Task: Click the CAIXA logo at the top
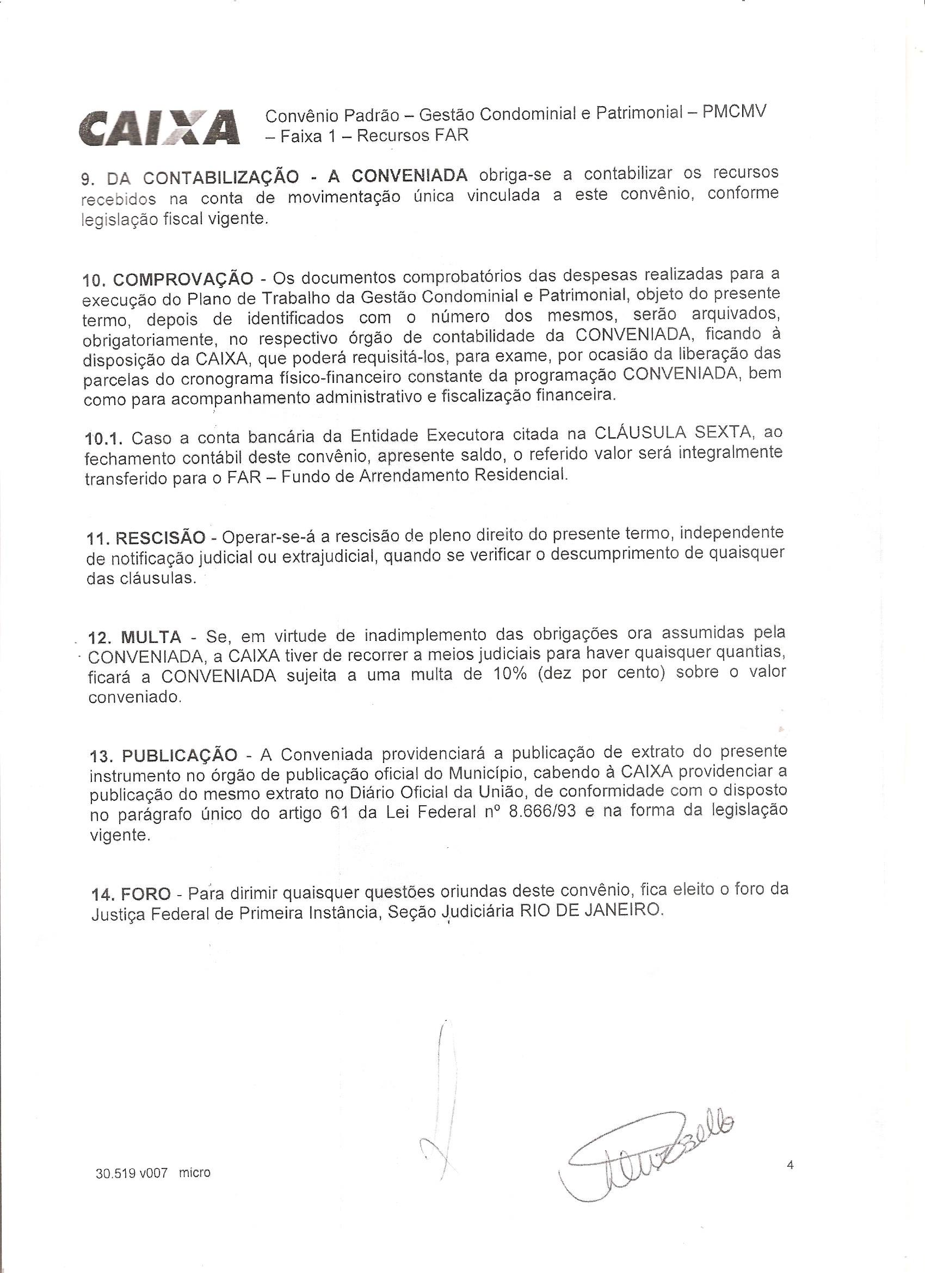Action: pos(160,128)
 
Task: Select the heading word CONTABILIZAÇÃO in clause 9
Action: pos(220,178)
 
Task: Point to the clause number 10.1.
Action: pos(105,438)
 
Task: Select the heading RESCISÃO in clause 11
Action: pos(160,538)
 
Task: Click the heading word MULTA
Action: pos(151,638)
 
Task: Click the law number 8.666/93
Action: pos(542,812)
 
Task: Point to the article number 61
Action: pos(340,813)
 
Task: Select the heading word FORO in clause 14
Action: pos(146,893)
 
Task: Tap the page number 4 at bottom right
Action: pos(791,1165)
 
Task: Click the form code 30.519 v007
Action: pos(132,1173)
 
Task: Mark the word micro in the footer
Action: pos(195,1172)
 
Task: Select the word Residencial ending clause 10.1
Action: pos(521,475)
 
